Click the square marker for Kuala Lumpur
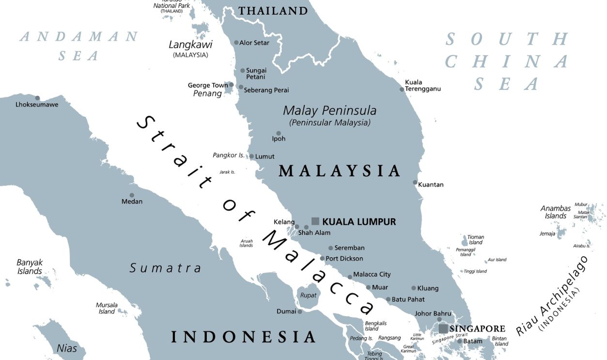[315, 221]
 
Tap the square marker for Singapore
[443, 329]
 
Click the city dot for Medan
[132, 195]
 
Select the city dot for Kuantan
[415, 183]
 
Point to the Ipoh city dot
[279, 133]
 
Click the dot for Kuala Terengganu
[402, 89]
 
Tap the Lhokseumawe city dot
[37, 98]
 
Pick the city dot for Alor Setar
[236, 43]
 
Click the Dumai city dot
[300, 312]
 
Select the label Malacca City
[372, 274]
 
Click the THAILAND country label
[273, 11]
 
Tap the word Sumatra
[165, 268]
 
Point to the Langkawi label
[190, 45]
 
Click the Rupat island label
[308, 295]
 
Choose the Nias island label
[67, 348]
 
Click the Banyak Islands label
[30, 267]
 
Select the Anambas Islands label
[556, 212]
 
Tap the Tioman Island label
[476, 240]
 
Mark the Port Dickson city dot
[322, 258]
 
